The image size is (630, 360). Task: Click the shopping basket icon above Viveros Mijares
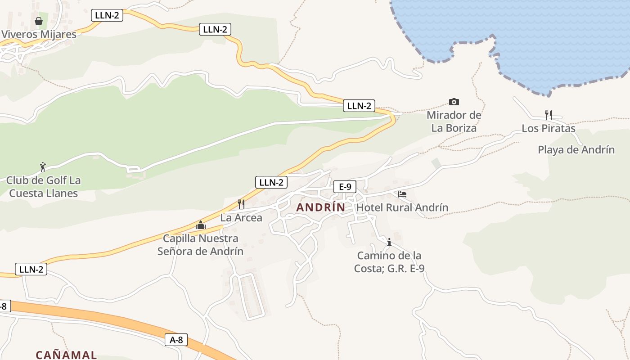[39, 21]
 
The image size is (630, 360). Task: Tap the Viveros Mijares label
[39, 35]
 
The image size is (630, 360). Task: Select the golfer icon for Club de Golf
[43, 167]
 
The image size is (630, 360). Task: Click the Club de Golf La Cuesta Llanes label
[43, 187]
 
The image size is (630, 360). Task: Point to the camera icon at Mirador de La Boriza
[454, 102]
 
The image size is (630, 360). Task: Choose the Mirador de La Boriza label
[454, 121]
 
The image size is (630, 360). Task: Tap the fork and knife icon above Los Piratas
[548, 115]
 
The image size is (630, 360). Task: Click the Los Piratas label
[548, 128]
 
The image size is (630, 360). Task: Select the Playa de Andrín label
[576, 150]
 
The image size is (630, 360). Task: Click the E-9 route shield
[345, 187]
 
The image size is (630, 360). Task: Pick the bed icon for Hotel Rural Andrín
[402, 194]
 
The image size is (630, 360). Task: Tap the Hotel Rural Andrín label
[402, 207]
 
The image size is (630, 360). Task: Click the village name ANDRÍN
[321, 207]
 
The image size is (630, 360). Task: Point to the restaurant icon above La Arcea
[241, 204]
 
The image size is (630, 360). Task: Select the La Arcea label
[241, 218]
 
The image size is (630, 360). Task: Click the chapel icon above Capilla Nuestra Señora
[201, 225]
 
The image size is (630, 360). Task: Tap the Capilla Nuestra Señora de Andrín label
[201, 245]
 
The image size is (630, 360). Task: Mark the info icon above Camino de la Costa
[389, 243]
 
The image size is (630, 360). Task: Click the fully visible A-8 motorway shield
[176, 340]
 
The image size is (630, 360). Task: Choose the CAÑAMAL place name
[66, 355]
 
